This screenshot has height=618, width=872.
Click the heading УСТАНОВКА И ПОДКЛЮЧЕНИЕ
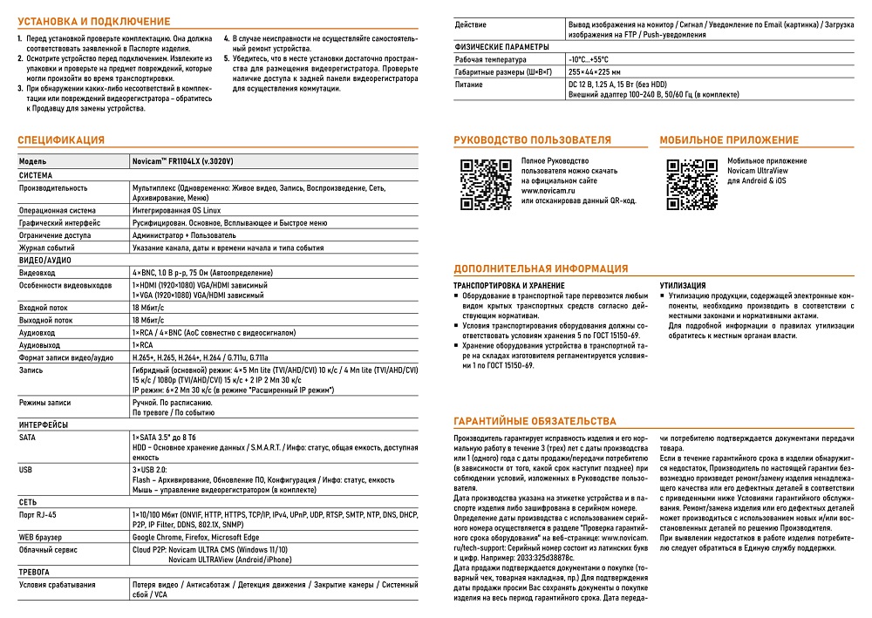(x=94, y=20)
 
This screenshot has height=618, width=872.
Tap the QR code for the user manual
(x=486, y=185)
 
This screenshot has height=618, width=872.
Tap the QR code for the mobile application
(x=691, y=185)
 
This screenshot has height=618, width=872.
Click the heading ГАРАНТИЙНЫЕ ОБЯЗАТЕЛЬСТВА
(x=535, y=420)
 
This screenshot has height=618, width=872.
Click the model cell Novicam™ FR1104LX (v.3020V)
(x=182, y=162)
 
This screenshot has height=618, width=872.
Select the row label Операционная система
(x=58, y=211)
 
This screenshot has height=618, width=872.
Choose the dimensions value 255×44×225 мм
(x=595, y=72)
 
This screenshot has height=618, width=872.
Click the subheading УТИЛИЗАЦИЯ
(x=683, y=285)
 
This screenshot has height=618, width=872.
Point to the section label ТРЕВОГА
(x=37, y=573)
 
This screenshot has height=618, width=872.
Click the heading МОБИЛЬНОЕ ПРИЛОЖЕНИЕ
(x=728, y=139)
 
